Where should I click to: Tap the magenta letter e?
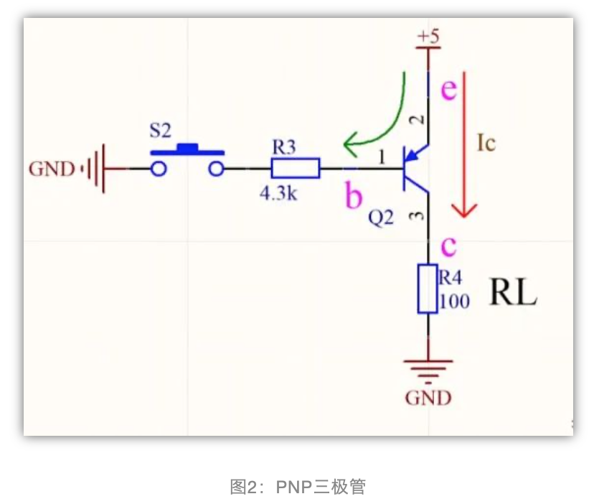coord(448,90)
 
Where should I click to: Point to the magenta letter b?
coord(354,195)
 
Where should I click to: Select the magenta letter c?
coord(448,246)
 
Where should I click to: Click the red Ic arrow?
coord(466,144)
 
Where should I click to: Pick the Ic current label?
coord(486,144)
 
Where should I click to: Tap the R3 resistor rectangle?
coord(296,169)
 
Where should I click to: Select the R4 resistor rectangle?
coord(428,289)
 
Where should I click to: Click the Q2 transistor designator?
coord(381,218)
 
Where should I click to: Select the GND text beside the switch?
coord(52,169)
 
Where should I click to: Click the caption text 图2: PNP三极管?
coord(297,487)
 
